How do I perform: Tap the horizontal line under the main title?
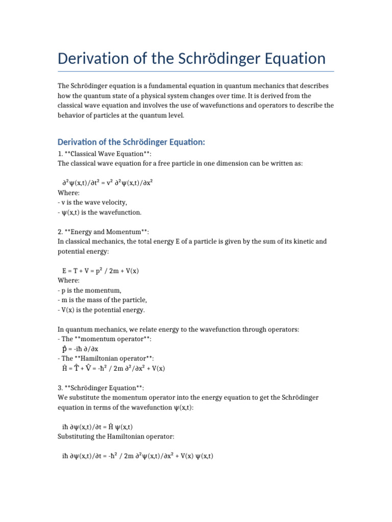pyautogui.click(x=196, y=72)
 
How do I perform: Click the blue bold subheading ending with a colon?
pyautogui.click(x=131, y=141)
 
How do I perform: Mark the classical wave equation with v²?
pyautogui.click(x=107, y=182)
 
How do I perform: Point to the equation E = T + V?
pyautogui.click(x=100, y=271)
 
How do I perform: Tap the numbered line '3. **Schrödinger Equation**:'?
pyautogui.click(x=101, y=388)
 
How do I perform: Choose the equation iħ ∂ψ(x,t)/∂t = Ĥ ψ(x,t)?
pyautogui.click(x=97, y=427)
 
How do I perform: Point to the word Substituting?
pyautogui.click(x=78, y=437)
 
